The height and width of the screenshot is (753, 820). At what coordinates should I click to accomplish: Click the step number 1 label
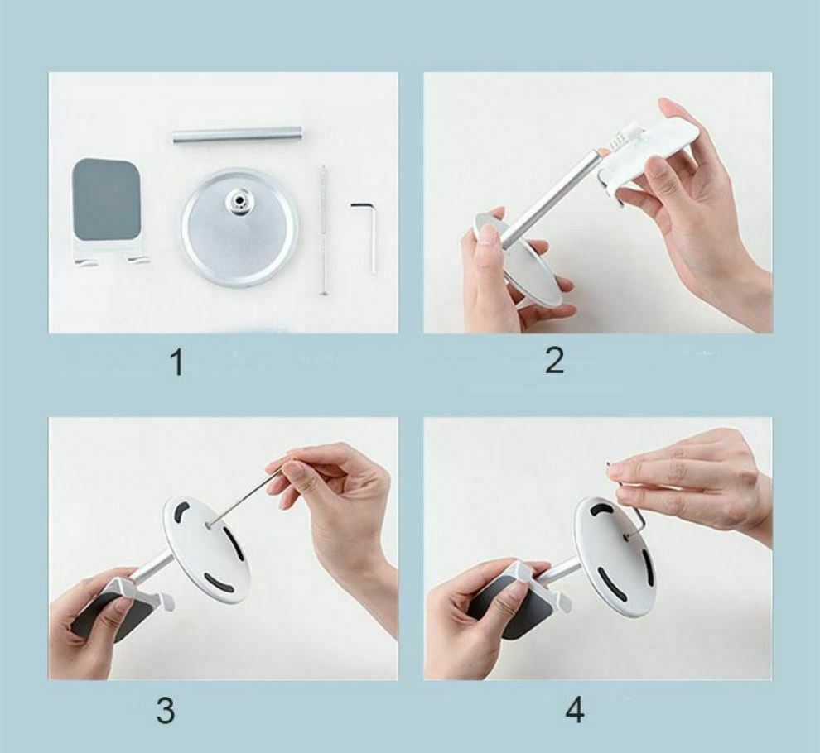(x=178, y=363)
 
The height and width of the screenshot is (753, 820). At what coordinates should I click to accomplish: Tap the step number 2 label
(x=554, y=361)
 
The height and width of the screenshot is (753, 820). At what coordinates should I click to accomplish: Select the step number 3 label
(x=166, y=711)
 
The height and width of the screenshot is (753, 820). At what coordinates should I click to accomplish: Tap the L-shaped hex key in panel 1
(x=366, y=236)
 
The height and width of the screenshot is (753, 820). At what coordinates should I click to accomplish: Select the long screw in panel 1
(x=324, y=232)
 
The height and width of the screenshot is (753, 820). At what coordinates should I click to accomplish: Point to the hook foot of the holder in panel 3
(x=165, y=602)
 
